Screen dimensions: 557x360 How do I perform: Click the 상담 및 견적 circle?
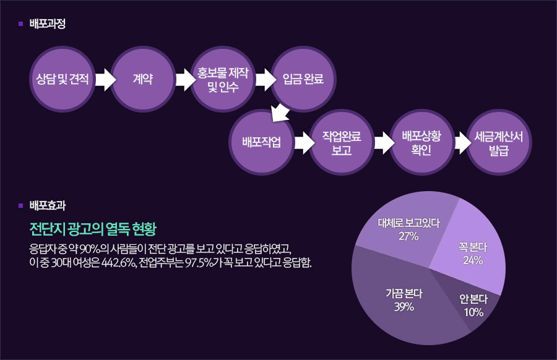[x=62, y=79]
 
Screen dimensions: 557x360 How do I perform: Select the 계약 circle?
[x=143, y=79]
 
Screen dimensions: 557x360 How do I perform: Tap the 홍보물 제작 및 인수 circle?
[x=223, y=79]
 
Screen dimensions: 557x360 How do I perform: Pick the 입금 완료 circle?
[x=303, y=79]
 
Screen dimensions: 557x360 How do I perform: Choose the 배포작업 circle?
[x=261, y=142]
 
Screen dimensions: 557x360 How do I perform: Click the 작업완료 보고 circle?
[x=342, y=142]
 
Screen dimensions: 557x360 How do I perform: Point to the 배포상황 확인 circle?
[x=421, y=142]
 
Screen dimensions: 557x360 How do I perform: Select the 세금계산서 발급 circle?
[x=499, y=142]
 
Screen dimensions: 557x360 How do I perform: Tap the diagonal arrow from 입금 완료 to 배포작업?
[x=280, y=113]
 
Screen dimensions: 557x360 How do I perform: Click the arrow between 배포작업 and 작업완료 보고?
[x=304, y=143]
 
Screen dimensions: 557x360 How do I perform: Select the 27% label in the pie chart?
[x=408, y=236]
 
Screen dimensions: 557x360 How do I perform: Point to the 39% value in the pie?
[x=404, y=307]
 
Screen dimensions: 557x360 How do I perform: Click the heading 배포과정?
[x=48, y=24]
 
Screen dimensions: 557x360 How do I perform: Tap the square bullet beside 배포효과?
[x=20, y=205]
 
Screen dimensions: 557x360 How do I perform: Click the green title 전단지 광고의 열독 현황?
[x=93, y=229]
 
